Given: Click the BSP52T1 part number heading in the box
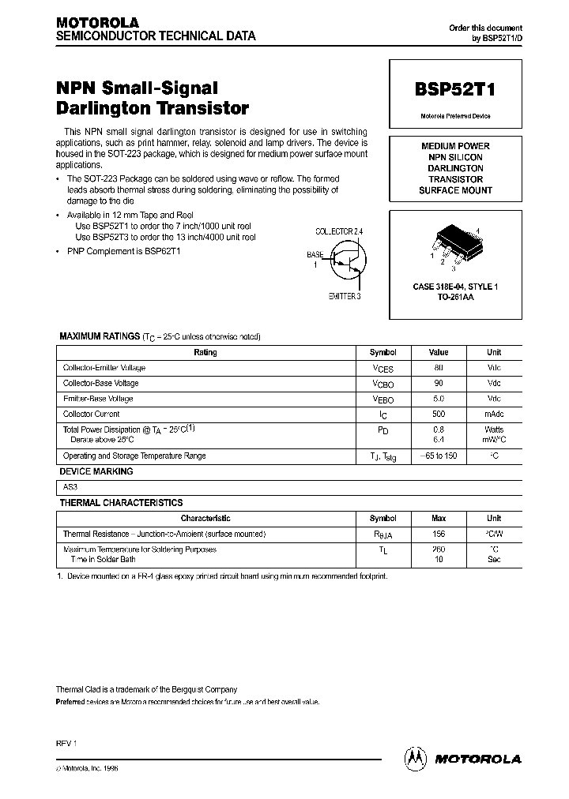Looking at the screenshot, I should tap(454, 90).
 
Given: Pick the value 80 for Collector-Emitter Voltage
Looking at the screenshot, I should tap(439, 368).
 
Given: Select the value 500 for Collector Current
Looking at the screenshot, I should tap(439, 415).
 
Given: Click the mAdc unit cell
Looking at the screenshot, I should tap(494, 415).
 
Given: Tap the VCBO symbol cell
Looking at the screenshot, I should tap(383, 384).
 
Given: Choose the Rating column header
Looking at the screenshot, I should tap(205, 353).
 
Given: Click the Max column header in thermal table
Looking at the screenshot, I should tap(439, 519).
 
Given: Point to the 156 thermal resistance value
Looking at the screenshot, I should tap(439, 535).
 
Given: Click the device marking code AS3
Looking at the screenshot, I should tap(70, 488).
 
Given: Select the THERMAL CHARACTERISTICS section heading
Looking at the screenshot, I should tap(121, 503).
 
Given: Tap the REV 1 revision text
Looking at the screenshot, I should tap(66, 744).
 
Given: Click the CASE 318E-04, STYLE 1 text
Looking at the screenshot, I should tap(455, 287).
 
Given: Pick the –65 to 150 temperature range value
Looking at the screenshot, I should tap(439, 456).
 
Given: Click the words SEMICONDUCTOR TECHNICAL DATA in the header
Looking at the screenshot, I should tap(155, 36).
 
